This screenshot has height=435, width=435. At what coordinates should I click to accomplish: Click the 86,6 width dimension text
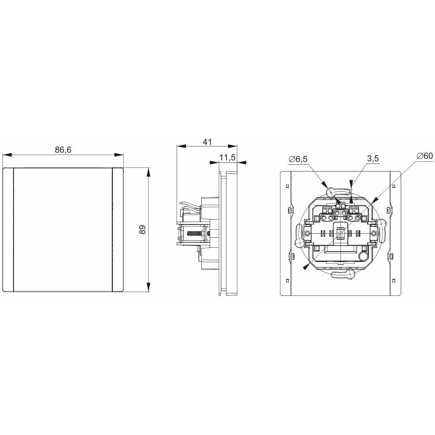63,150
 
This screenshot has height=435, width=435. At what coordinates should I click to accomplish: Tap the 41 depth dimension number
207,142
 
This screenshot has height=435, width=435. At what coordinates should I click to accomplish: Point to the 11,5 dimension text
228,158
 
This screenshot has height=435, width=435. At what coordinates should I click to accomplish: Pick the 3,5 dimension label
373,159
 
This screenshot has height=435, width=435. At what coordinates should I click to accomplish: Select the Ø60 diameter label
425,156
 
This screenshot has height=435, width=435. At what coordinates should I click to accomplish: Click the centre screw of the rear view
341,233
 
